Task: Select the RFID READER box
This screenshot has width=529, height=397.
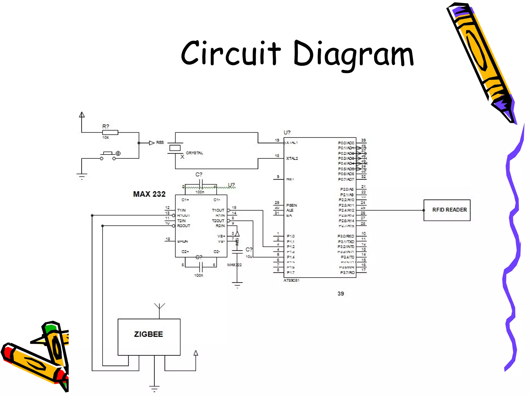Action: click(447, 210)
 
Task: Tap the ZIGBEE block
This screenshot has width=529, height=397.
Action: click(149, 337)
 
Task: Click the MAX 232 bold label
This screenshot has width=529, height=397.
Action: click(149, 194)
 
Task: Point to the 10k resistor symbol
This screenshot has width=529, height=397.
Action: click(110, 133)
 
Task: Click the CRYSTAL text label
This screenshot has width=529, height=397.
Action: click(194, 153)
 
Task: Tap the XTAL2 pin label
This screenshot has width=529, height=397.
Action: click(292, 158)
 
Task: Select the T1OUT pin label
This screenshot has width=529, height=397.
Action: click(218, 210)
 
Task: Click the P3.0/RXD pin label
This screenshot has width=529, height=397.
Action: click(346, 236)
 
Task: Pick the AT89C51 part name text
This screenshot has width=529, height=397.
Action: click(291, 280)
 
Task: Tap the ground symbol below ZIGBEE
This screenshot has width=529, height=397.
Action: click(154, 388)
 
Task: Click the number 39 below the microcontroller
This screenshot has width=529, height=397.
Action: click(341, 294)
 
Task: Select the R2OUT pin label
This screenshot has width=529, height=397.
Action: click(183, 226)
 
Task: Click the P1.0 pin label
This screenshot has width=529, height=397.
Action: click(291, 236)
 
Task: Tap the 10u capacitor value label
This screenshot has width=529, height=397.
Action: click(249, 257)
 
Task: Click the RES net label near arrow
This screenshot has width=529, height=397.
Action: click(160, 143)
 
